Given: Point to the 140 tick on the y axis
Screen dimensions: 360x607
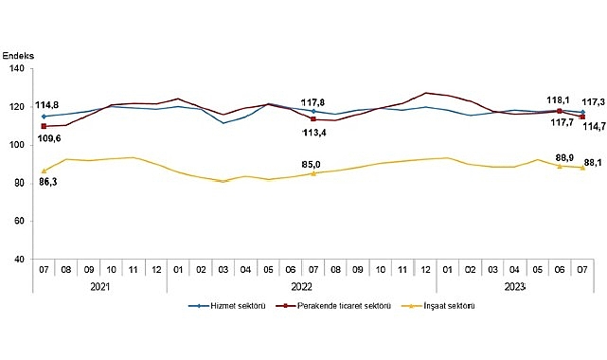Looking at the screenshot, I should point(20,69).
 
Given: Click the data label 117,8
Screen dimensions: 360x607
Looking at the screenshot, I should point(313,101).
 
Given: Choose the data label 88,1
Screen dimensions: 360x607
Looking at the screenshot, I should point(593,161).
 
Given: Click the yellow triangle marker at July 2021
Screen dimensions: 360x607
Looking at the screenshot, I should point(44,171).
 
